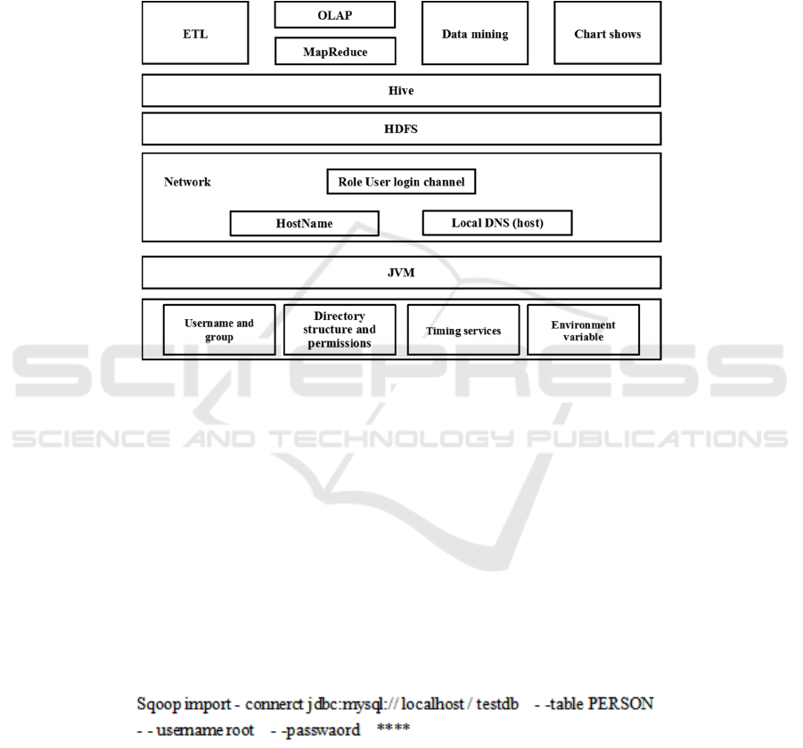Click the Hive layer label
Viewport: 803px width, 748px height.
click(401, 91)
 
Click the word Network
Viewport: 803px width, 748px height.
click(187, 182)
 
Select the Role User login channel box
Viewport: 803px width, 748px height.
click(401, 182)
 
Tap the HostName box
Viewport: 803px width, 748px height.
click(304, 223)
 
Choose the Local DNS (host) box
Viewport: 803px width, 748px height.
click(496, 223)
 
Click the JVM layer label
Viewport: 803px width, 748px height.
click(401, 273)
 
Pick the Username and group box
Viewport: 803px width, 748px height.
click(219, 330)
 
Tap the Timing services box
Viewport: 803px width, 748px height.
click(463, 330)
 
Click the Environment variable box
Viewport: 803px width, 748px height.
click(583, 330)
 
